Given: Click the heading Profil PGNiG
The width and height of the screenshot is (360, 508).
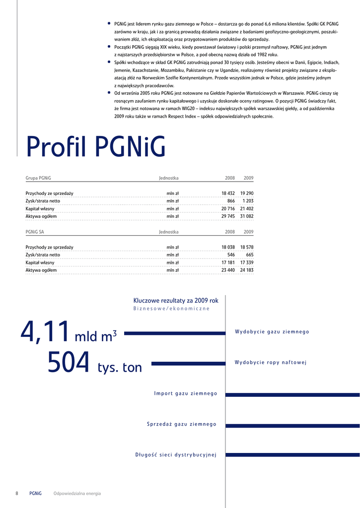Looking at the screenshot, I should (96, 147).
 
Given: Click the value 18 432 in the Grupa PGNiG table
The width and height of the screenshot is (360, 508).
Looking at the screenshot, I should (228, 193).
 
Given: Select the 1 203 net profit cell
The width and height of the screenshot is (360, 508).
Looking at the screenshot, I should (248, 201).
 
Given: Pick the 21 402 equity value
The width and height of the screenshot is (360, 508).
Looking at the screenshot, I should (247, 209).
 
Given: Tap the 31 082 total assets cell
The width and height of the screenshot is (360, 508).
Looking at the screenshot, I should (247, 216).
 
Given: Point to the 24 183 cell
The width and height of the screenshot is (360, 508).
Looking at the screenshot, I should (247, 270).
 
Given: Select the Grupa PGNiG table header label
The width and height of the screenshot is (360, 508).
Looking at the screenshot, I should (38, 178).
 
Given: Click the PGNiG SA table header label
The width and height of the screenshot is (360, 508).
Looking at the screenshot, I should (35, 232).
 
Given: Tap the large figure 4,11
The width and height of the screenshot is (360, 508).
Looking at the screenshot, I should (45, 332).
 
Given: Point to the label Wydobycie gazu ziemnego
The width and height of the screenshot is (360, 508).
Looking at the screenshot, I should (272, 332).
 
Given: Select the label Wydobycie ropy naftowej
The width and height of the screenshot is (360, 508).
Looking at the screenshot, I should (271, 363).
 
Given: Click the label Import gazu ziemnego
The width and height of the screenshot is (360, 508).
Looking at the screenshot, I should (186, 393).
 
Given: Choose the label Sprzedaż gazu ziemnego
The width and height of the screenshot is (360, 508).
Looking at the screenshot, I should (182, 424).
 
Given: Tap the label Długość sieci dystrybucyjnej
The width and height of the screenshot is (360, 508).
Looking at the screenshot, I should (176, 455).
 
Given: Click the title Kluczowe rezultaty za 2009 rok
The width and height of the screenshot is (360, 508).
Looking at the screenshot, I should (176, 301).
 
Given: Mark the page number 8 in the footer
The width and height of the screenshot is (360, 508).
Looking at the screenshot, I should (17, 494).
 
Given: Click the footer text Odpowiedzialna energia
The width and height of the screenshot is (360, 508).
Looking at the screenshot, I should (77, 494).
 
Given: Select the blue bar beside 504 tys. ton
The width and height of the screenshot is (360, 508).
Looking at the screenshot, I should (188, 364).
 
